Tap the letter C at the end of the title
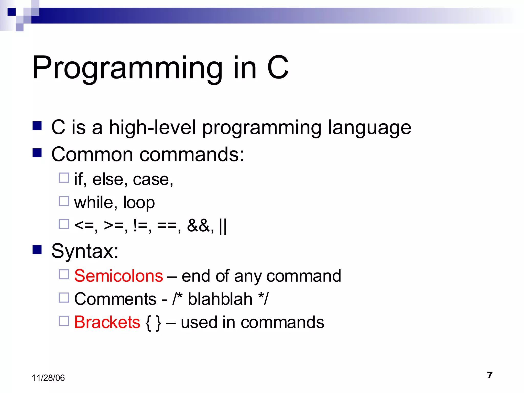278,68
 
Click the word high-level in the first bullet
152,127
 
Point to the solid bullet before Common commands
37,153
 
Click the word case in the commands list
151,179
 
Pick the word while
94,202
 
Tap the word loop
139,202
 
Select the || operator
223,226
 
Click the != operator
140,226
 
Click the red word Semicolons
118,276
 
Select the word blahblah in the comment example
220,299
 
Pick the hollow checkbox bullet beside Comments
64,298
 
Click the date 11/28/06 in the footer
48,378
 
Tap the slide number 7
490,375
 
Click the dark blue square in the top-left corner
12,12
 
